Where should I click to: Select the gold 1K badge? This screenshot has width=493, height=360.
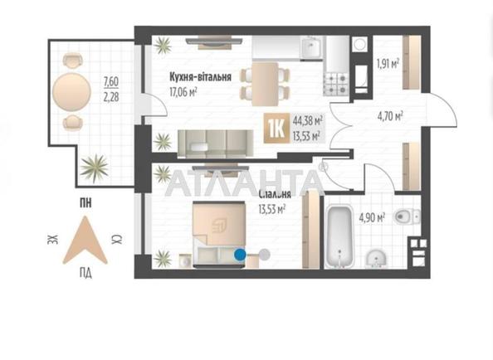[x=275, y=129]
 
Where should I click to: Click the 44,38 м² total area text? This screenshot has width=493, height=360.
[x=307, y=121]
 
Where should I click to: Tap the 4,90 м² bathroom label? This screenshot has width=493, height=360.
[x=370, y=218]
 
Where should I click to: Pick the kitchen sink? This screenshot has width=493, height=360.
[x=310, y=47]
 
